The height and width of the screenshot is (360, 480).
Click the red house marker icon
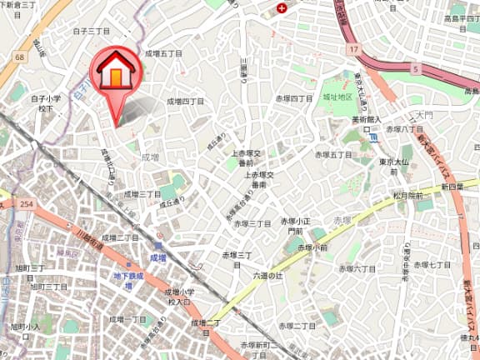tap(116, 74)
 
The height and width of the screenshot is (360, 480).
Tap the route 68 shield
tap(17, 57)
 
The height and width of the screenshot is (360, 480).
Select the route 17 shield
tap(354, 49)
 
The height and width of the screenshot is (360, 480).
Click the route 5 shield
tap(416, 69)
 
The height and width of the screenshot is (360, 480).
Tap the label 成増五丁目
tap(163, 52)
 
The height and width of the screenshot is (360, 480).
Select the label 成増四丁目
tap(185, 101)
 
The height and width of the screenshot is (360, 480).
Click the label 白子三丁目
tap(91, 31)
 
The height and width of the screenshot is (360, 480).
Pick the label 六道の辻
tap(268, 274)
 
